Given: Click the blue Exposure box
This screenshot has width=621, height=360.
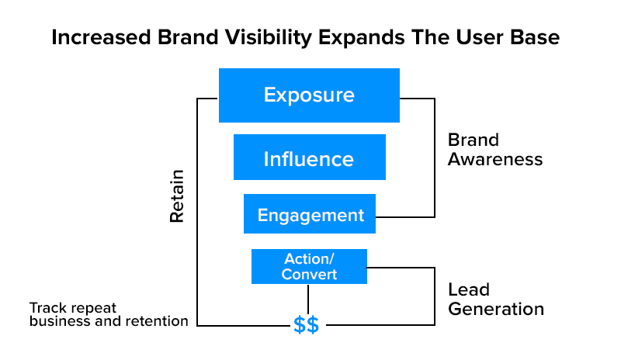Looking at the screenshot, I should (309, 95).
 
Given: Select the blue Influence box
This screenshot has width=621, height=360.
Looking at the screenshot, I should (309, 158).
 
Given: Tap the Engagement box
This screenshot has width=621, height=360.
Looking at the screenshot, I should (310, 215).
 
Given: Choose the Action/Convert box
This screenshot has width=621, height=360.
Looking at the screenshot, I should (309, 266).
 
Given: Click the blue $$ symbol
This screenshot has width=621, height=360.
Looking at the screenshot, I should (306, 325).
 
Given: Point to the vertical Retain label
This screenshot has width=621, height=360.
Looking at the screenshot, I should (177, 196).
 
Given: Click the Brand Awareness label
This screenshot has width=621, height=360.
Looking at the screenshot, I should (494, 150).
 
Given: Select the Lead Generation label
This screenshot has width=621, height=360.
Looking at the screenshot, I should (495, 299).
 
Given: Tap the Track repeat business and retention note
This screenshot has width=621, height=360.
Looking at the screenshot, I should (109, 313).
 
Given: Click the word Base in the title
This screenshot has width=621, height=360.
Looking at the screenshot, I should (537, 37).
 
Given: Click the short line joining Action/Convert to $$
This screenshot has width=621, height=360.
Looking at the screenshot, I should (308, 299).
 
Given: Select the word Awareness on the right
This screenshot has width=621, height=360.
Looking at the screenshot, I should (494, 160).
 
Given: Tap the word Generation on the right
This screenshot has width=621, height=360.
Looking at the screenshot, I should (495, 309).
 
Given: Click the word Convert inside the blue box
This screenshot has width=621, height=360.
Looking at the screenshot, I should (309, 274).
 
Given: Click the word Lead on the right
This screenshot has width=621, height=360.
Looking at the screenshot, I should (469, 289).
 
